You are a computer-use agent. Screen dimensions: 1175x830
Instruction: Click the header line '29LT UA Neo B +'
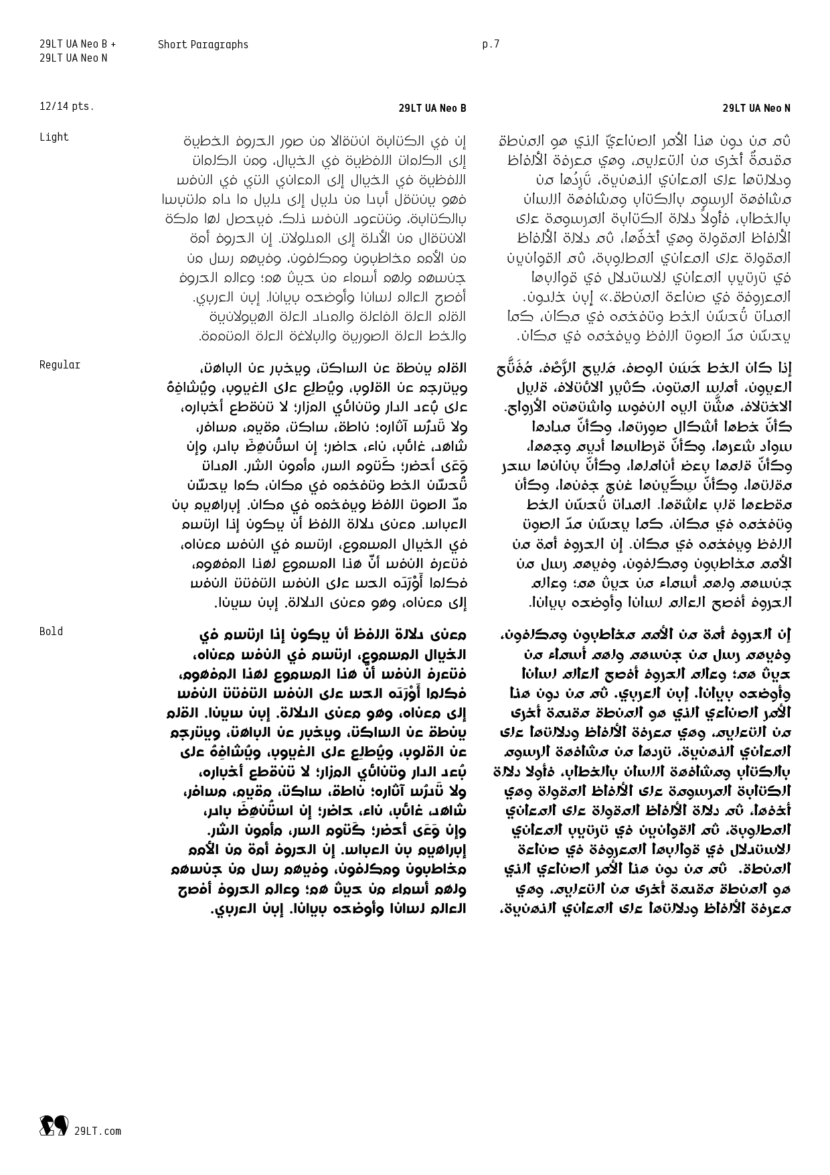pos(77,45)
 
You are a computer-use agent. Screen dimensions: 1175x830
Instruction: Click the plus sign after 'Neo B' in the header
pos(114,45)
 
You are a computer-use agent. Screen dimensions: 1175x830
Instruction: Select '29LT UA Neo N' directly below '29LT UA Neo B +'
pos(73,58)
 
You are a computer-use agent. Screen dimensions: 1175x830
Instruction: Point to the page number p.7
pos(491,45)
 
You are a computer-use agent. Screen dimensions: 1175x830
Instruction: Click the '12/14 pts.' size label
pos(67,107)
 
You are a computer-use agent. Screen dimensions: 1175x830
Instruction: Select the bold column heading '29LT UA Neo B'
pos(432,109)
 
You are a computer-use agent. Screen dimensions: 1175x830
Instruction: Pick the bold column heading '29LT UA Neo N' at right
pos(756,109)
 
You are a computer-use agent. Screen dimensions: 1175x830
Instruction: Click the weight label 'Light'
pos(54,137)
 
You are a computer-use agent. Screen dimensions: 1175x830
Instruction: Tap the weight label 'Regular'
pos(60,365)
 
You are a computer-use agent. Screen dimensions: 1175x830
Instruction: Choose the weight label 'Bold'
pos(51,632)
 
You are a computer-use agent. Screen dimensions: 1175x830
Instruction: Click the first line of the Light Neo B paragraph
pos(325,141)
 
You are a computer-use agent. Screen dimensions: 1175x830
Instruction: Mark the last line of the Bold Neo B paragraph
pos(338,910)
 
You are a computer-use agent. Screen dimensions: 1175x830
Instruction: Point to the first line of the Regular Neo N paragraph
pos(644,368)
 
